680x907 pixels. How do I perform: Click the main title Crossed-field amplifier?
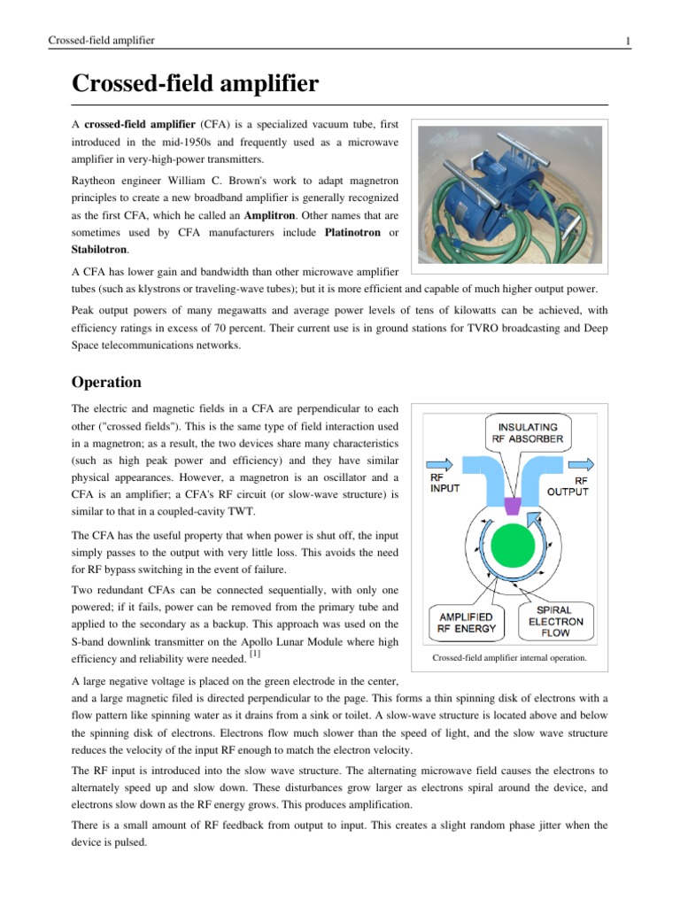click(195, 86)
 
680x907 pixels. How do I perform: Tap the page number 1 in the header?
click(627, 41)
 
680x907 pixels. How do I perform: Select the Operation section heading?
click(106, 383)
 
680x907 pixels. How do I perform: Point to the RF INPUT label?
click(445, 483)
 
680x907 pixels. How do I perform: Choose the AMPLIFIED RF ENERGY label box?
click(467, 622)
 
